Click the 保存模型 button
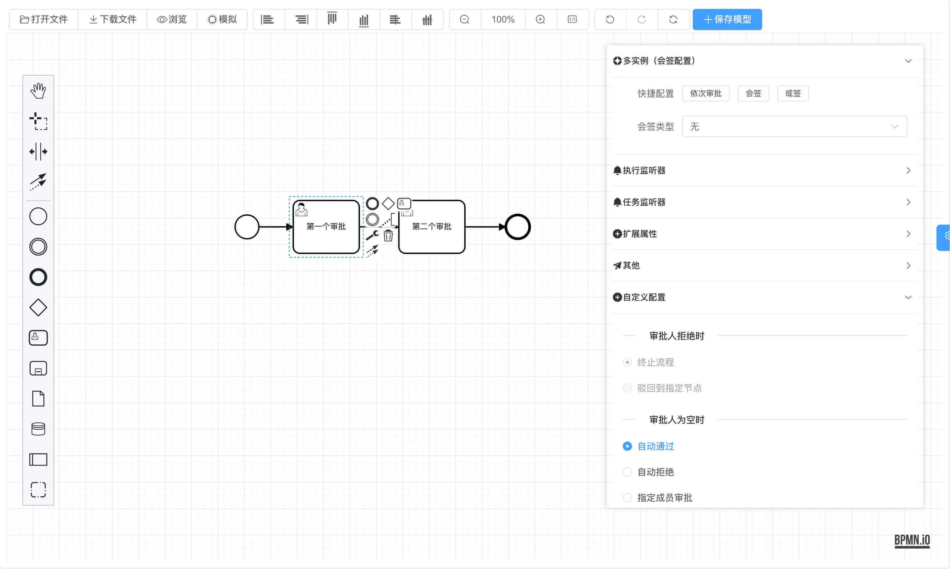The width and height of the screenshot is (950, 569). [727, 19]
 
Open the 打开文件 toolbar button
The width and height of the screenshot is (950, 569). [44, 19]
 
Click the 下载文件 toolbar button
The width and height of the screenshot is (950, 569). [113, 19]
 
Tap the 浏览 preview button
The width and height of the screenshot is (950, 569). [172, 19]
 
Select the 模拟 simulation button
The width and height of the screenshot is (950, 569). [222, 19]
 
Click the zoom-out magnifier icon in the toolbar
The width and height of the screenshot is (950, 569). [464, 19]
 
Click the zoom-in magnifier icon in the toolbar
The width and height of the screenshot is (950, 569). [540, 19]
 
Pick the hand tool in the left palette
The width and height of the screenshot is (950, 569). [38, 91]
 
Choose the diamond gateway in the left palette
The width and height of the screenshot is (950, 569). [38, 307]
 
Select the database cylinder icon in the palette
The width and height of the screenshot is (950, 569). [38, 429]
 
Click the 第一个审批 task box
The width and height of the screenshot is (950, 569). [326, 234]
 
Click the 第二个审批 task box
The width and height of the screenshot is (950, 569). [432, 234]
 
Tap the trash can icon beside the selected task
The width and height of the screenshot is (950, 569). [388, 235]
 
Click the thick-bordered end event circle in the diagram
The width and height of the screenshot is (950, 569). [517, 227]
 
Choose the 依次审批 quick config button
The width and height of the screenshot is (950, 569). [705, 93]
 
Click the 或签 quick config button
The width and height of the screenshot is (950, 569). [792, 93]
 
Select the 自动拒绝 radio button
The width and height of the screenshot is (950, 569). [627, 472]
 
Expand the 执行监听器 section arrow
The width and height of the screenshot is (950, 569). [908, 171]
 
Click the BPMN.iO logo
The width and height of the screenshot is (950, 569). [912, 540]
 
